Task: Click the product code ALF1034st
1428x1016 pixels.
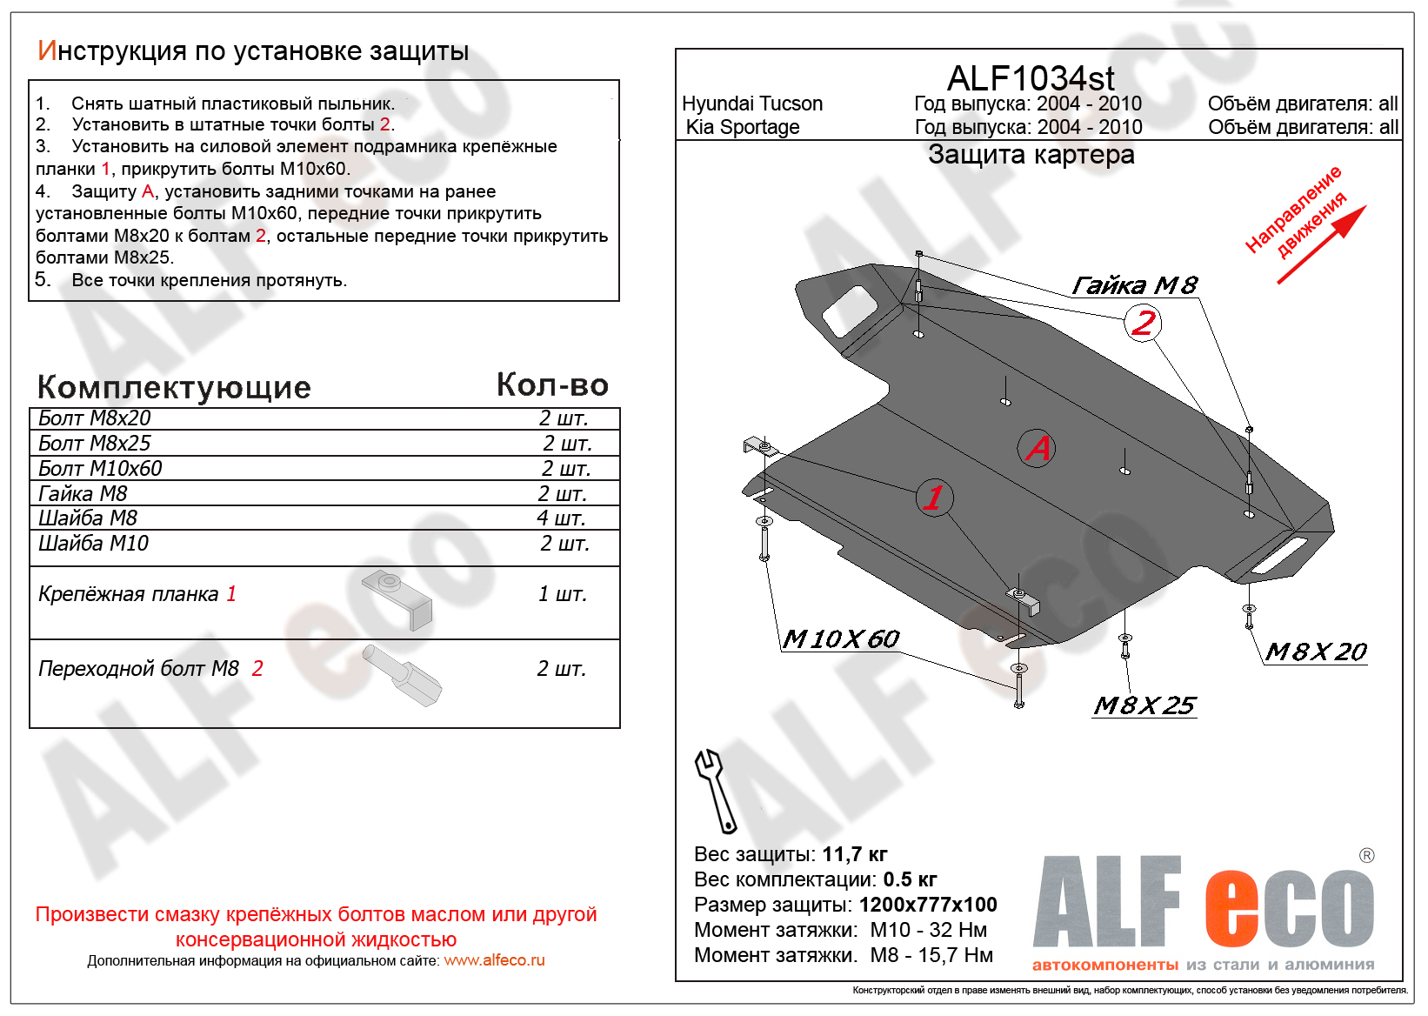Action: (1030, 78)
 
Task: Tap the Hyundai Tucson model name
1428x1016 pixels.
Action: (752, 104)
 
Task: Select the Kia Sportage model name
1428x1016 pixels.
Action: (743, 127)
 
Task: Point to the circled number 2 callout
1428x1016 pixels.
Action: (1143, 324)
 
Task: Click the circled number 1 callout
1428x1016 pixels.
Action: (934, 498)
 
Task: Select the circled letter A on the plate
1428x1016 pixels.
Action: (1037, 448)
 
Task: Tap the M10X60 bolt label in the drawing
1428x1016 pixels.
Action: (840, 639)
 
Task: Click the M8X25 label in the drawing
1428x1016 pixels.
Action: (1144, 705)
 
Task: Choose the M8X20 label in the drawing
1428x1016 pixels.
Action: (1316, 652)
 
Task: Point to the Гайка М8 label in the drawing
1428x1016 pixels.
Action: (1134, 285)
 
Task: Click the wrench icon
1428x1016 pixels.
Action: (715, 791)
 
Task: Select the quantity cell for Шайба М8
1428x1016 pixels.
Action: (561, 518)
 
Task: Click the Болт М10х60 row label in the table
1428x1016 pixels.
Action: (100, 469)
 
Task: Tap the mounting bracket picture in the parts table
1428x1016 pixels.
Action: (398, 598)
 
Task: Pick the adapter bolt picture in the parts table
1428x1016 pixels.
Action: (403, 675)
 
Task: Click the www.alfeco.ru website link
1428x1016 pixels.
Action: (494, 960)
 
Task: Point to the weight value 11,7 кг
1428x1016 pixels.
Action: (854, 854)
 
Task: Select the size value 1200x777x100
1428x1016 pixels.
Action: (928, 905)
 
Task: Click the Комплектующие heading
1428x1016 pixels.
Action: (174, 387)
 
